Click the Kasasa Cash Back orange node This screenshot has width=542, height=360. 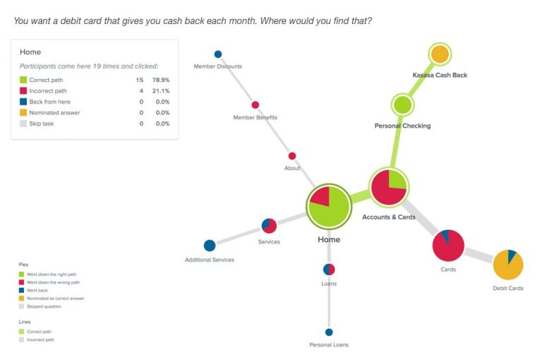point(440,54)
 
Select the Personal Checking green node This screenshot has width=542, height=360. point(402,104)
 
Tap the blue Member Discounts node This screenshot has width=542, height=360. point(218,54)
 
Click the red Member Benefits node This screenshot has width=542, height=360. point(255,104)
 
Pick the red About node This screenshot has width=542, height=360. point(292,156)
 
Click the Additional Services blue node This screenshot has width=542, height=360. point(210,246)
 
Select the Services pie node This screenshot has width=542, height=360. point(269,226)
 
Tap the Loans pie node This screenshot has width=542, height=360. point(329,270)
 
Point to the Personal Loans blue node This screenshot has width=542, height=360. point(329,332)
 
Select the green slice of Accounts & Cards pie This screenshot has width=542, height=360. point(397,179)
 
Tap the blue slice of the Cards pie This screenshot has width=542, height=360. point(445,236)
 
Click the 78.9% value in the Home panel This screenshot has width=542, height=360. point(161,80)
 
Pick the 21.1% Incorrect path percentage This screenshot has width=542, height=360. point(161,91)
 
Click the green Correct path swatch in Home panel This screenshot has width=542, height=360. point(23,80)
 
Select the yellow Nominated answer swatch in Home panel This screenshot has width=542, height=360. point(23,113)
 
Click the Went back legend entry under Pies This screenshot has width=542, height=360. point(34,291)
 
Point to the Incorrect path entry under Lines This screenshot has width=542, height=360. point(37,340)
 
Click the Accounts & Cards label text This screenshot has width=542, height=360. point(389,217)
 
